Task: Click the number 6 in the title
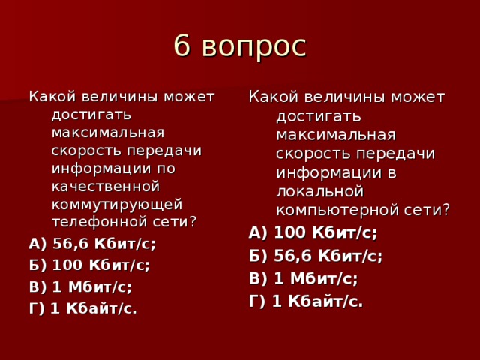(x=181, y=46)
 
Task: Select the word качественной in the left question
(x=106, y=185)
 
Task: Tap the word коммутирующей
(x=116, y=204)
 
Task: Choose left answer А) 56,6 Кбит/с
(x=91, y=244)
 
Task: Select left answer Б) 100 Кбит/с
(x=88, y=265)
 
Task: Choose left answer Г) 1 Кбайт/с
(x=82, y=307)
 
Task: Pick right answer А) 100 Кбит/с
(x=313, y=232)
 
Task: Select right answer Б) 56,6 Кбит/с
(x=316, y=255)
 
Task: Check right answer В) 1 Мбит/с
(x=303, y=278)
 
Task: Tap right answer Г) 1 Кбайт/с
(x=306, y=301)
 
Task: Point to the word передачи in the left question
(x=170, y=149)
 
